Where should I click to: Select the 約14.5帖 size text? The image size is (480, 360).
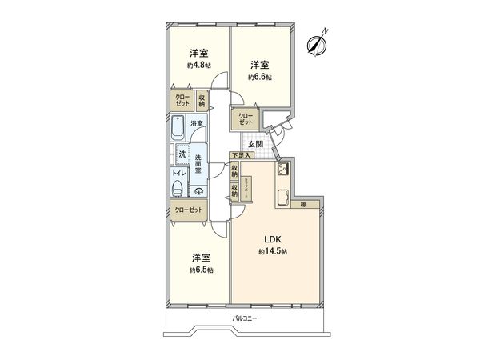(x=272, y=251)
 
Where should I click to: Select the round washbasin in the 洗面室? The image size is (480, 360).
(x=198, y=190)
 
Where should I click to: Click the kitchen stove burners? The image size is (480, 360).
(x=282, y=170)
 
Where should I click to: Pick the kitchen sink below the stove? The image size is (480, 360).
(x=282, y=198)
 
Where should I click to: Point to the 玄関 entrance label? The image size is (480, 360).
(x=254, y=143)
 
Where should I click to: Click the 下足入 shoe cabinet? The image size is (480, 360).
(x=241, y=155)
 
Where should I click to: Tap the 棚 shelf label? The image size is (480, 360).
(x=304, y=206)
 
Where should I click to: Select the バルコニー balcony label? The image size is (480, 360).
(x=243, y=318)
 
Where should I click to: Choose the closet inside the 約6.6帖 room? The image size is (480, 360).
(x=245, y=118)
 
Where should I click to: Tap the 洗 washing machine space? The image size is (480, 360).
(x=182, y=154)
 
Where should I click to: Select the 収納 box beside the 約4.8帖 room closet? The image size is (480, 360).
(x=202, y=100)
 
